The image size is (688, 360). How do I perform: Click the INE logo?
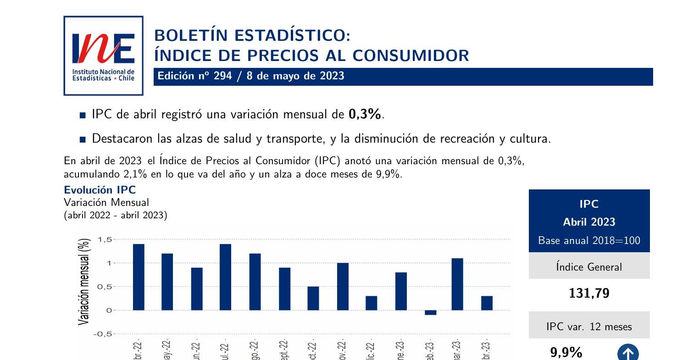point(103,55)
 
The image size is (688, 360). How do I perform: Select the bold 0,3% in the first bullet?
point(365,114)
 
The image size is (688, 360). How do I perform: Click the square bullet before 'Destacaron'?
point(83,139)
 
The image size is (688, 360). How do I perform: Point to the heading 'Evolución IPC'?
point(100,190)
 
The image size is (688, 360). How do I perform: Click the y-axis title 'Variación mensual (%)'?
point(84,282)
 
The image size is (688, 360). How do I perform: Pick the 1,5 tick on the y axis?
point(105,239)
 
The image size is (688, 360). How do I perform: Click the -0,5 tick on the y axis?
point(103,334)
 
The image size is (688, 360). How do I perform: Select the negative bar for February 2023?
point(430,313)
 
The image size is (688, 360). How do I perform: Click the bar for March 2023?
point(457,284)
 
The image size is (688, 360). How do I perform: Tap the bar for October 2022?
point(313,298)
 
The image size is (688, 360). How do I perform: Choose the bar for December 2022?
point(371,303)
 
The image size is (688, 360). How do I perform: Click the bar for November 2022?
point(342,287)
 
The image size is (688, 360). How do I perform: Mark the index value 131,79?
point(589,294)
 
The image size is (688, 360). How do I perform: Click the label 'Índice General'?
point(589,267)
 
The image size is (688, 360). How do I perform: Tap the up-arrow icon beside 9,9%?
point(628,353)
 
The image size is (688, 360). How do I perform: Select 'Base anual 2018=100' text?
point(589,240)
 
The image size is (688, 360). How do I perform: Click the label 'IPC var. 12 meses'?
point(589,327)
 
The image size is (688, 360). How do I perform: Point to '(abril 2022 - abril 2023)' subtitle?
point(115,215)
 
